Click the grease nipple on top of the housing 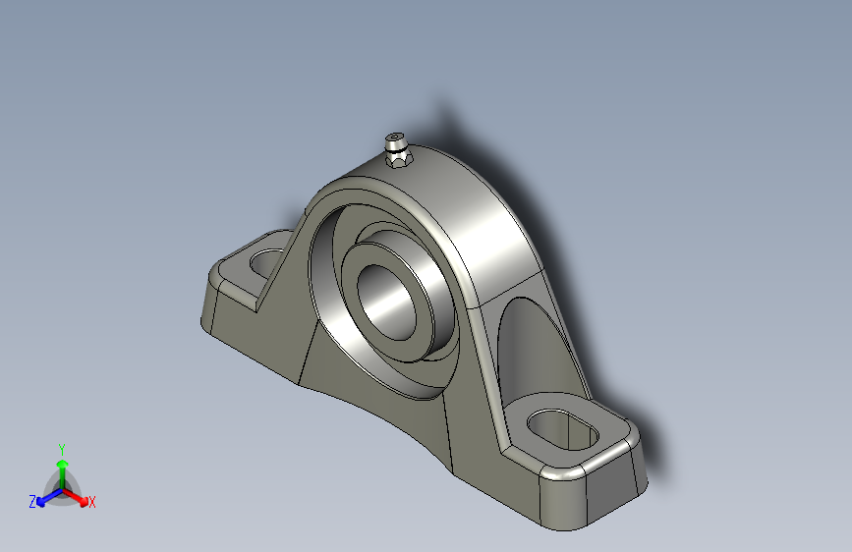point(398,148)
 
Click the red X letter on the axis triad point(92,503)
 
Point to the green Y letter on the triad point(61,448)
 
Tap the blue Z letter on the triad point(32,501)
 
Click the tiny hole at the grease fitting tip point(396,137)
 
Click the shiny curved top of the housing point(482,226)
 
